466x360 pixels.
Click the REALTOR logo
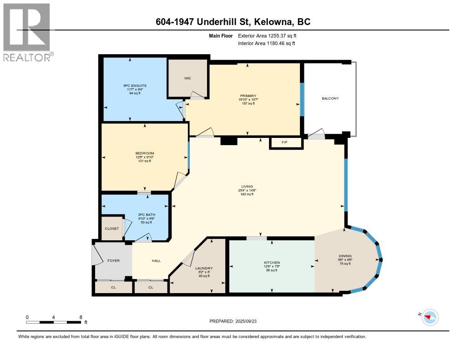27,32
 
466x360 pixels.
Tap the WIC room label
187,78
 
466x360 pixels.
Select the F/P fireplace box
285,143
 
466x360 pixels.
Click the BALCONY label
330,98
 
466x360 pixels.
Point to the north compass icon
430,317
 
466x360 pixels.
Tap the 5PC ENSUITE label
135,86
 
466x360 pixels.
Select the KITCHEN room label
272,263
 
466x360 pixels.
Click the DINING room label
345,256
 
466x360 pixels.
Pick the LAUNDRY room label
204,268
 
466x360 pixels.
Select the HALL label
156,261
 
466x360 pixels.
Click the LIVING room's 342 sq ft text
246,194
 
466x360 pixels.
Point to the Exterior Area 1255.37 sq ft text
268,35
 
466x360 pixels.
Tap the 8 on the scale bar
81,317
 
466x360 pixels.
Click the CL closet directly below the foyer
113,287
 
